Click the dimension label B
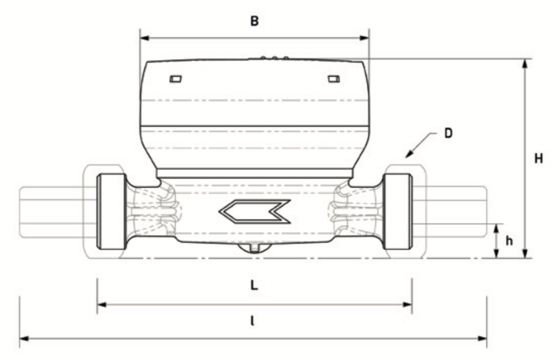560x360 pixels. [255, 21]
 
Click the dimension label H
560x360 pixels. [538, 158]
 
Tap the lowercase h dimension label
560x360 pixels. [509, 241]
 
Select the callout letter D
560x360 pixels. [448, 133]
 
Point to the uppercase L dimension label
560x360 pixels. [254, 285]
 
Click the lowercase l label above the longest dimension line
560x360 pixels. [253, 321]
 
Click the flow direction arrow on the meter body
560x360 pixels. [255, 211]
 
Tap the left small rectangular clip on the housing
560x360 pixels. [175, 79]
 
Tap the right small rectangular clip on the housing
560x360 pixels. [334, 79]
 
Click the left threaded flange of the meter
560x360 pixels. [112, 211]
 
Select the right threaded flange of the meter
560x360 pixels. [398, 211]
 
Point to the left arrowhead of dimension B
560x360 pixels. [144, 38]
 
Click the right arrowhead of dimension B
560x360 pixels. [364, 38]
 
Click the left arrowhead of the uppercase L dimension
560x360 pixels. [102, 304]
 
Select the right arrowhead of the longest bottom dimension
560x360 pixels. [482, 339]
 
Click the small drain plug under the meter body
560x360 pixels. [254, 248]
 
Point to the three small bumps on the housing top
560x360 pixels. [274, 58]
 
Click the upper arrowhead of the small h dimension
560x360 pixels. [497, 229]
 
